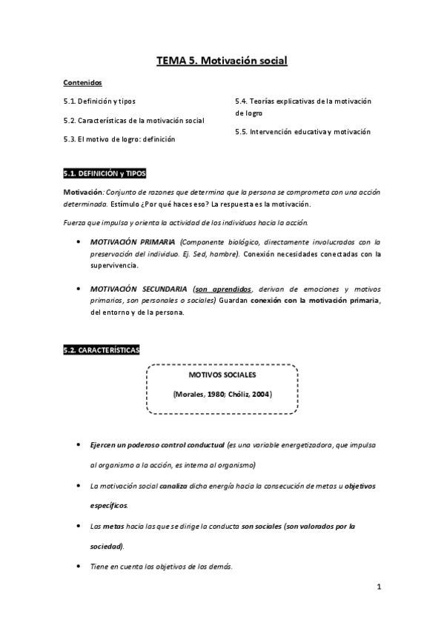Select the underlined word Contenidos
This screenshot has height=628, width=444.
tap(82, 83)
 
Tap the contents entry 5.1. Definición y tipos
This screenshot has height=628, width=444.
tap(99, 101)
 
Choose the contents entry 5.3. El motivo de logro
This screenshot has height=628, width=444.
tap(119, 139)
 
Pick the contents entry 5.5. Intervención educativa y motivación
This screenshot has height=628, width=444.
tap(302, 132)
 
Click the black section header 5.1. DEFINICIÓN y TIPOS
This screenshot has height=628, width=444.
tap(105, 174)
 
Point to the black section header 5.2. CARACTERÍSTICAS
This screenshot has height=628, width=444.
tap(101, 350)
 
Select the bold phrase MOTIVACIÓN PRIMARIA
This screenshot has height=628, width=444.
tap(133, 242)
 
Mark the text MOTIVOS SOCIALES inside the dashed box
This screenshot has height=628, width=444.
tap(222, 375)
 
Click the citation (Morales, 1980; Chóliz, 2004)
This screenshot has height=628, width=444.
tap(222, 395)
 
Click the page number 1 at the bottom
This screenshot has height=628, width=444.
tap(378, 588)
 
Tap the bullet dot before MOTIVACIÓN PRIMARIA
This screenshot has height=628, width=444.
tap(79, 242)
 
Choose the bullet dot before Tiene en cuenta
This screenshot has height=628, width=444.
tap(79, 567)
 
